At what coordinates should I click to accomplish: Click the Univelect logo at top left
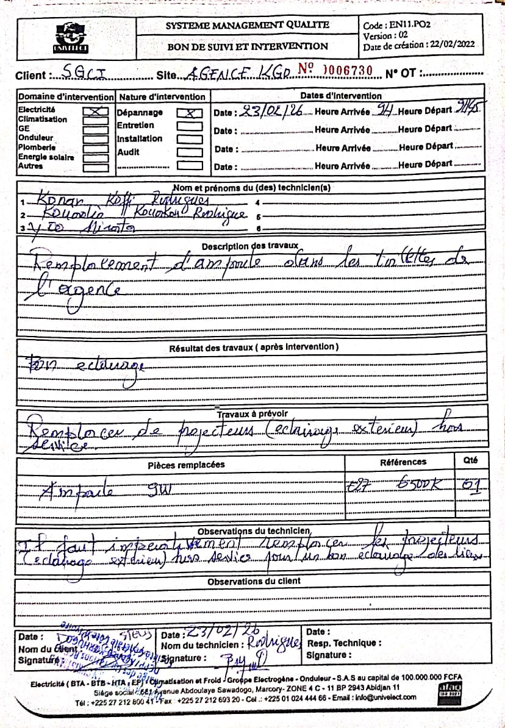(x=72, y=38)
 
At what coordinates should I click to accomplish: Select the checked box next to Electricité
(x=95, y=112)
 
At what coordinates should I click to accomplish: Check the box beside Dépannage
(x=190, y=113)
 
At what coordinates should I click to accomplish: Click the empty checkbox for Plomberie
(x=95, y=148)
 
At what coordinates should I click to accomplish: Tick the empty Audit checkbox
(x=190, y=152)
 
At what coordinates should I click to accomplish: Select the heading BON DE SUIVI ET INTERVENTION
(x=248, y=46)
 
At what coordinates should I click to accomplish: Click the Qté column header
(x=470, y=461)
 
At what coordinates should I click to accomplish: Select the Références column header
(x=403, y=462)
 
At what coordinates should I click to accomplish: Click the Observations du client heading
(x=253, y=582)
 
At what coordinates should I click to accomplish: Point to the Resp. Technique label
(x=345, y=643)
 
